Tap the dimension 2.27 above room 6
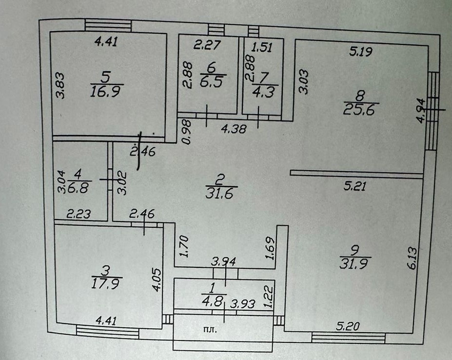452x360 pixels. [x=208, y=46]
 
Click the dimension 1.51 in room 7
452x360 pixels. [x=262, y=47]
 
